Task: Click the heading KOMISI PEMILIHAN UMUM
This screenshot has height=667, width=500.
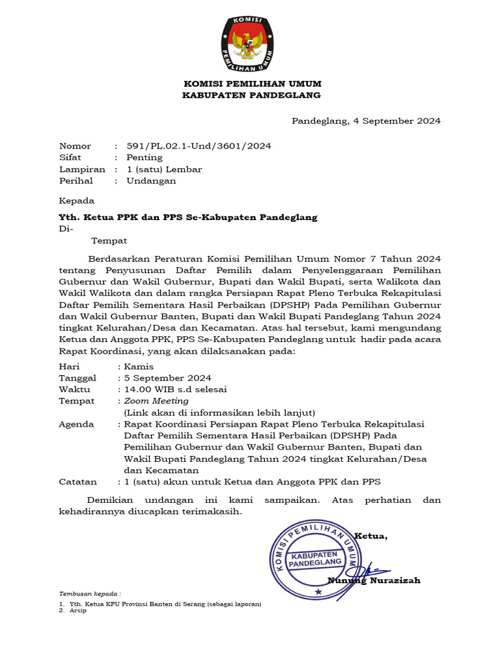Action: click(x=252, y=84)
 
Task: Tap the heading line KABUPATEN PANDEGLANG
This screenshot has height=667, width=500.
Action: click(x=252, y=95)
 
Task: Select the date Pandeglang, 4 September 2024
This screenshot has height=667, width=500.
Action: click(x=366, y=121)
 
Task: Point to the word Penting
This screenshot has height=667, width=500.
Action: click(x=145, y=158)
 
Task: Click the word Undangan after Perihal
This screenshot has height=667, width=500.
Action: click(x=151, y=181)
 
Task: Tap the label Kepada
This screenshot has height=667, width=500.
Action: click(x=77, y=201)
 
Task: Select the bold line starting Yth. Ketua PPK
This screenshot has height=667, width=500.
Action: click(x=188, y=217)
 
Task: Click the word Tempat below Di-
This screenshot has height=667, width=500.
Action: click(x=109, y=241)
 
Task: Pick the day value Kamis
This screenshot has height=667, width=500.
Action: click(x=139, y=366)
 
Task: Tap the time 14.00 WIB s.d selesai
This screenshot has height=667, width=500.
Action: click(x=175, y=390)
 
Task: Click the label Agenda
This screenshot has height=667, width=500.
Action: click(x=76, y=424)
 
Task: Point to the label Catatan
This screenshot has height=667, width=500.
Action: click(x=78, y=482)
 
